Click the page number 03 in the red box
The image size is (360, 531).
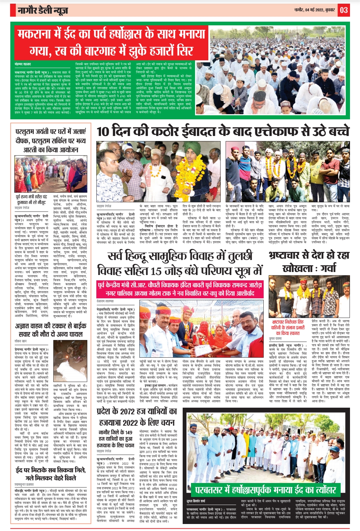point(344,10)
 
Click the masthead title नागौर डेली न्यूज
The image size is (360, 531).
point(43,11)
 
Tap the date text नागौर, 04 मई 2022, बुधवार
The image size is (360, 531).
point(314,10)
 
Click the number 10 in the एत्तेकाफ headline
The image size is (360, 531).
point(103,131)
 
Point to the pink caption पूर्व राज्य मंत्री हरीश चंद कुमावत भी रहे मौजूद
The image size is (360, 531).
point(32,199)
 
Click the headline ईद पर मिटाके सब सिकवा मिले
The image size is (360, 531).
point(51,474)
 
